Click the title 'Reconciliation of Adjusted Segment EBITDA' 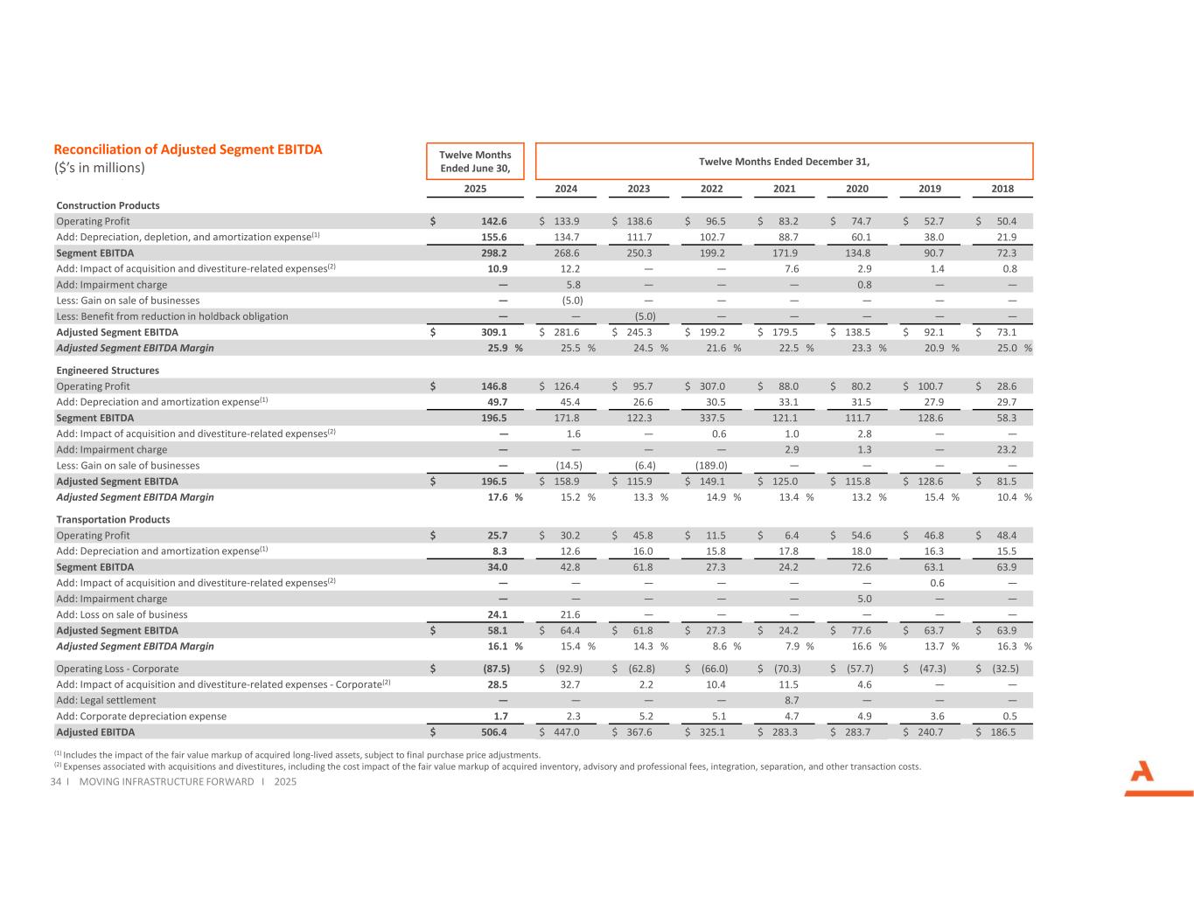click(188, 149)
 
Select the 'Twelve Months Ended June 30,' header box click(475, 162)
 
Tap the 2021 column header click(784, 189)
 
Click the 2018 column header click(1002, 189)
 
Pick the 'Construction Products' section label click(108, 205)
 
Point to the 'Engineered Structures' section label click(108, 371)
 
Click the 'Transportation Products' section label click(113, 519)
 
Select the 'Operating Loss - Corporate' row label click(117, 669)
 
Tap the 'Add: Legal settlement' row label click(106, 700)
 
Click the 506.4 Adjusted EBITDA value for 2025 click(493, 732)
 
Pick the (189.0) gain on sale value click(711, 466)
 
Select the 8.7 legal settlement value click(791, 700)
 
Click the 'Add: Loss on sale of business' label click(122, 614)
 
